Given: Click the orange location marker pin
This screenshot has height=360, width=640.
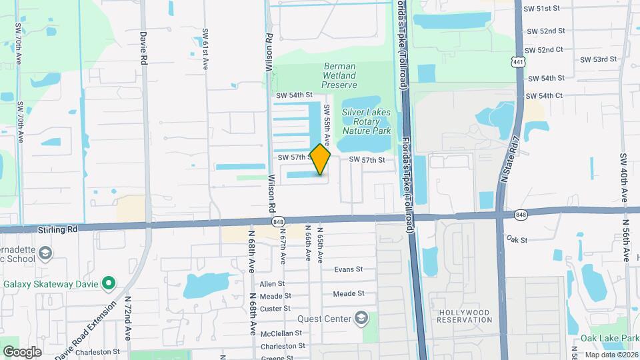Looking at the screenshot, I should (321, 159).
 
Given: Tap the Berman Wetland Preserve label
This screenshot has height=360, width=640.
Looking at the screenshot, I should (340, 76).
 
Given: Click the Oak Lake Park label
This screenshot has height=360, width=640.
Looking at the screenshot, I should (609, 338).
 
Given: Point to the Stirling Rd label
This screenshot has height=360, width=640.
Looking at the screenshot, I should (58, 229).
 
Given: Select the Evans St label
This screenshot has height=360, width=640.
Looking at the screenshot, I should (348, 269).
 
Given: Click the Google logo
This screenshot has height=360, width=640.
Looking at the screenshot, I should (22, 351).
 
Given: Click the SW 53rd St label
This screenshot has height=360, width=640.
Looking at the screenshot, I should (598, 59).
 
